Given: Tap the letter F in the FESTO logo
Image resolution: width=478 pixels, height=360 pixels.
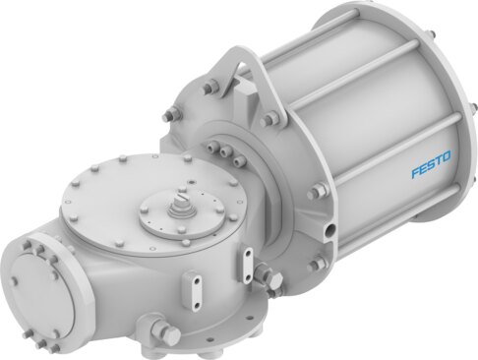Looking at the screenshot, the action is click(416, 172).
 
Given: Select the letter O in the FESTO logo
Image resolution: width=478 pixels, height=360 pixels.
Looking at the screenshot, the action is click(447, 156).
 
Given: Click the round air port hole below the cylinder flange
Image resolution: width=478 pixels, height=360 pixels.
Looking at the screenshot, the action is click(329, 229).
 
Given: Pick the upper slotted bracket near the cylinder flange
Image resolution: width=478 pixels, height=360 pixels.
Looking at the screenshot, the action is click(248, 265).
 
